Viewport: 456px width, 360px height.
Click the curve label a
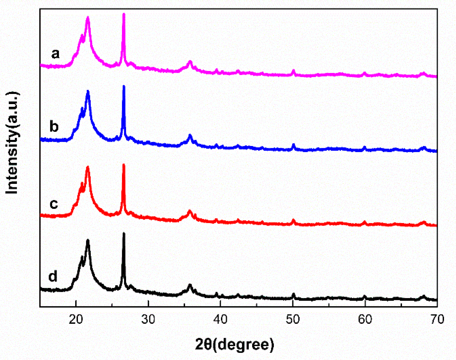pos(55,54)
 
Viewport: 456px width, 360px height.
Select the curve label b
pos(54,126)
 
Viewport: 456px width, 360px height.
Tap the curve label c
pos(54,204)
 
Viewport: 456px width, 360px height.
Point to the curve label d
pos(53,276)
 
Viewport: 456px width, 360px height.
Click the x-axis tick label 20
pos(76,319)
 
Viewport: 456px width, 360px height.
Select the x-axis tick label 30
pos(148,319)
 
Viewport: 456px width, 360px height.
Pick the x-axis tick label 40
pos(220,319)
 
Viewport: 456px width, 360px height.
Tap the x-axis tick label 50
pos(293,319)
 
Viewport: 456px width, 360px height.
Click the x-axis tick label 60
pos(365,319)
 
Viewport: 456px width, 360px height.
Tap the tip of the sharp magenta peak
pos(124,14)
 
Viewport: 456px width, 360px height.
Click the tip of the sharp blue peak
pos(124,86)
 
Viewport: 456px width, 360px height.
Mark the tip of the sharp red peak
pos(124,165)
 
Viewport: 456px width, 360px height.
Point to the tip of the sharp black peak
pos(124,233)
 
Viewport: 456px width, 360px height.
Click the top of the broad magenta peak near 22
pos(88,18)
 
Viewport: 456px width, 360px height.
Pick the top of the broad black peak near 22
pos(88,240)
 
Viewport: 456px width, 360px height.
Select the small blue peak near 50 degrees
pos(294,145)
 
